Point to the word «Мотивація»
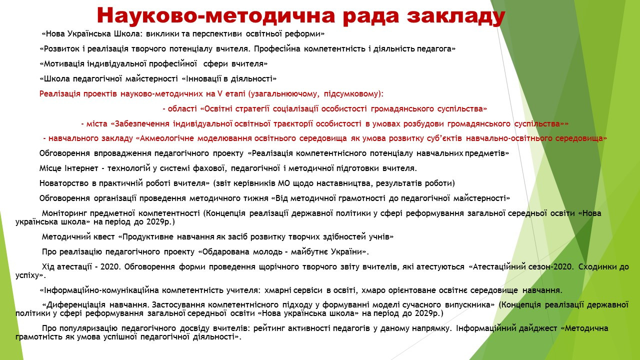[x=63, y=63]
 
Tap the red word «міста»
[x=97, y=123]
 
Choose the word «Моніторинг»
[x=63, y=213]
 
